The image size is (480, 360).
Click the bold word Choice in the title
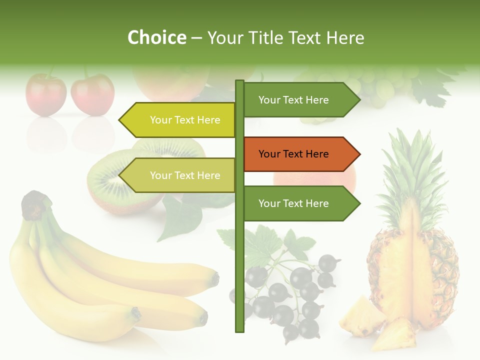pos(156,37)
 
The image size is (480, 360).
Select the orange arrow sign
pos(300,154)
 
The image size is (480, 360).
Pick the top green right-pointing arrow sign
pos(300,100)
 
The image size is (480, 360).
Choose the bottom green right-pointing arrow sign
pos(300,203)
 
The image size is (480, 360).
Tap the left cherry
pos(46,95)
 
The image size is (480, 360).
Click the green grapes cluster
pos(380,85)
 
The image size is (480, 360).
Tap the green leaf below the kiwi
pos(180,217)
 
